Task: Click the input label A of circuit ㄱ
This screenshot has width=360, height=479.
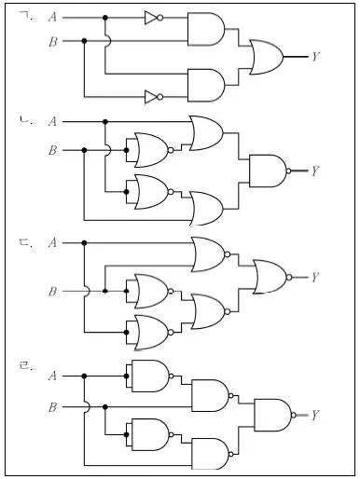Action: point(53,18)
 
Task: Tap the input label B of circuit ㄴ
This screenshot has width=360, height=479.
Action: point(53,150)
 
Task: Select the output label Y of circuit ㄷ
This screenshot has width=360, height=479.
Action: point(315,277)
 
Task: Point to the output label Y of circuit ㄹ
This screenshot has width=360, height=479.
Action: point(315,415)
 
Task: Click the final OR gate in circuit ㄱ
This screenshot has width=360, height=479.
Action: point(267,57)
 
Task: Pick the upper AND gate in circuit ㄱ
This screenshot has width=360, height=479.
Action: point(206,29)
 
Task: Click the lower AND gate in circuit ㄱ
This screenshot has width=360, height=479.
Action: point(206,85)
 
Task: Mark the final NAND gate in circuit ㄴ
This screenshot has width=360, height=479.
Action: point(270,171)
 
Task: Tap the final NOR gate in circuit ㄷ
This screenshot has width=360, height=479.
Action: point(272,277)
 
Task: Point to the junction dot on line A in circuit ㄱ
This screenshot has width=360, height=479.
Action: point(105,18)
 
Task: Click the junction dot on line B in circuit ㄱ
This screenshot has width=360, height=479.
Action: point(84,41)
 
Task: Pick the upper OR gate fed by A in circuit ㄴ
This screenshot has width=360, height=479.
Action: point(206,133)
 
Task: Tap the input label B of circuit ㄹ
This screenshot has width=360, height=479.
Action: point(53,407)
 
